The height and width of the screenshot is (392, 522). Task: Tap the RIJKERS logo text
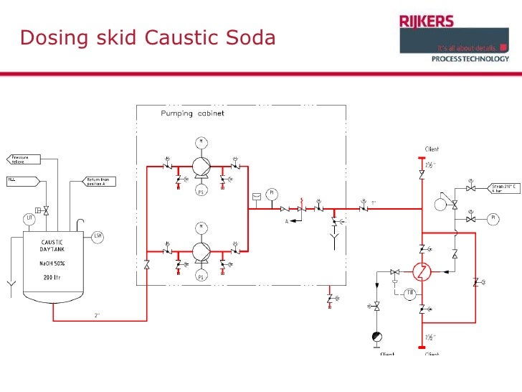(426, 22)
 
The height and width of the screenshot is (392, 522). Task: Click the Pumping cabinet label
(188, 113)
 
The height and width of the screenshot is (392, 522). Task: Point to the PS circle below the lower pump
(200, 276)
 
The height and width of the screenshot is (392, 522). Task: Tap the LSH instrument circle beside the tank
(98, 235)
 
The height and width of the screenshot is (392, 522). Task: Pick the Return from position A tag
(100, 181)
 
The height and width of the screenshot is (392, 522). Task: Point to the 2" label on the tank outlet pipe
(97, 315)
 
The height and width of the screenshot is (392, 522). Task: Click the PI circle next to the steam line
(494, 218)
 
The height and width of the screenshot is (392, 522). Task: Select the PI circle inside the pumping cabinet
(271, 193)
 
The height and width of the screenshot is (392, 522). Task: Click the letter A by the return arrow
(285, 222)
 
